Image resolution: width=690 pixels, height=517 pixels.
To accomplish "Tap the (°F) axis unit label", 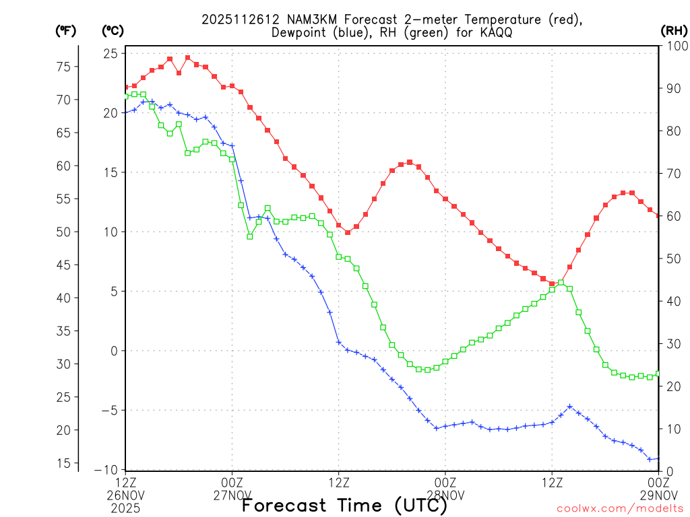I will [x=65, y=31].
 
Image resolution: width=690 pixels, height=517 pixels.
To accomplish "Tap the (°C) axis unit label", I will [x=113, y=31].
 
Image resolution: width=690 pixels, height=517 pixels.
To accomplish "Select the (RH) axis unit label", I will [x=673, y=31].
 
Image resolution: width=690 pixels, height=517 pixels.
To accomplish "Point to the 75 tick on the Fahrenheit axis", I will [x=63, y=67].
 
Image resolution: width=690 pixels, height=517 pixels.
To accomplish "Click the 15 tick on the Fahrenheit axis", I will [x=63, y=463].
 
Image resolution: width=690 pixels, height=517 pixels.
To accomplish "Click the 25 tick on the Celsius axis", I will [x=111, y=53].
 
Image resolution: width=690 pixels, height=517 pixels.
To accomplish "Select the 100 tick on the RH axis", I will [x=675, y=46].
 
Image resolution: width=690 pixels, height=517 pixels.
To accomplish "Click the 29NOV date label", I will [x=658, y=495].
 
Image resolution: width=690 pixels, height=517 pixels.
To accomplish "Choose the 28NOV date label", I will [x=445, y=495].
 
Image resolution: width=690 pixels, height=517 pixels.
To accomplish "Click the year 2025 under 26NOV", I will [x=126, y=507].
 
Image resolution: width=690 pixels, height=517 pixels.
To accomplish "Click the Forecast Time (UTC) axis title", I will [x=345, y=505].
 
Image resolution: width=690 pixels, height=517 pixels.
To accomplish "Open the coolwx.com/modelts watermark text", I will [x=619, y=508].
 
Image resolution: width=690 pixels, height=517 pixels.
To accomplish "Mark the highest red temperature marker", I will [x=187, y=58].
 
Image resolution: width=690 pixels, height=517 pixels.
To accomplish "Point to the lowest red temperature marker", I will [x=552, y=284].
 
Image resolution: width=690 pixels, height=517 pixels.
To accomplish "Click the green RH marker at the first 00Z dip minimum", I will [x=250, y=236].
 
